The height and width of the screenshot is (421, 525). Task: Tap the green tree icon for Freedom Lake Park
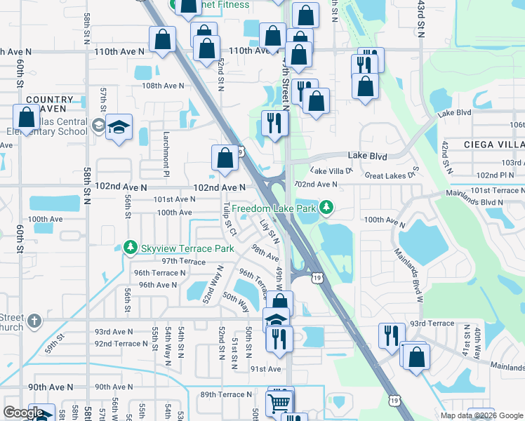(326, 208)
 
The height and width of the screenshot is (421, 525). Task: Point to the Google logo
(23, 412)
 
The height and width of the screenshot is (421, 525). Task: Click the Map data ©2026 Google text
(481, 415)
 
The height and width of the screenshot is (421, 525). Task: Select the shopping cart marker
(279, 403)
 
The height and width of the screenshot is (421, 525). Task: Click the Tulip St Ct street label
(227, 224)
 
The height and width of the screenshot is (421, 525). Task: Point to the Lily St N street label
(267, 230)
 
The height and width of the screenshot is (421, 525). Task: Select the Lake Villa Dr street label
(331, 171)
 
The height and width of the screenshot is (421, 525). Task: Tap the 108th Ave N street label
(162, 86)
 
